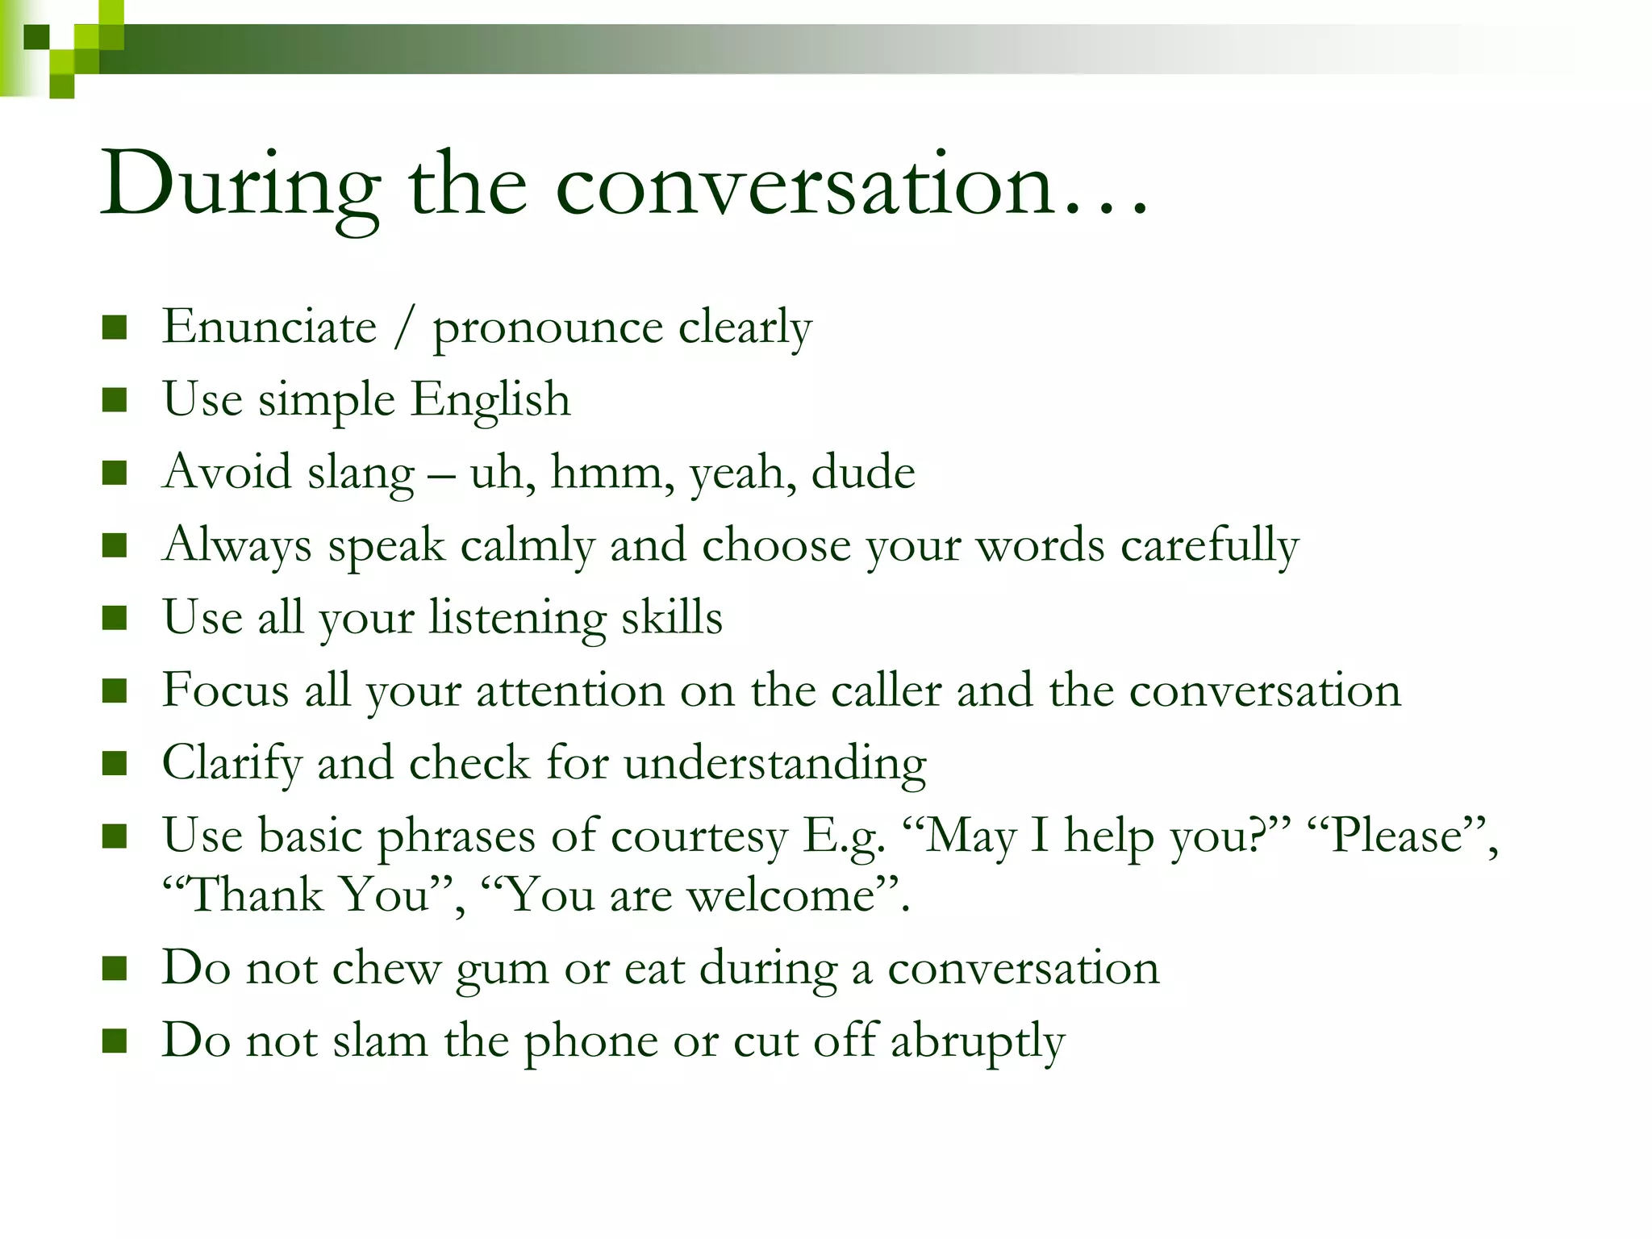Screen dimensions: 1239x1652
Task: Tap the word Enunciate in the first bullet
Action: (x=269, y=327)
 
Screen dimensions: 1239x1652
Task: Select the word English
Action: (x=490, y=399)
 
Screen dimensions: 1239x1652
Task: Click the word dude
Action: (x=862, y=472)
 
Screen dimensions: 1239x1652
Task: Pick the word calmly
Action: (x=527, y=545)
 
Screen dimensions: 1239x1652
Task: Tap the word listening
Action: (x=516, y=619)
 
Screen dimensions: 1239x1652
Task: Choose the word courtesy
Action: (x=699, y=836)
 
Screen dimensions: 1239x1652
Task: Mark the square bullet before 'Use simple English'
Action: (x=115, y=399)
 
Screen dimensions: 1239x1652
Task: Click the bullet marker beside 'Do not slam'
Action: (x=115, y=1041)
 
